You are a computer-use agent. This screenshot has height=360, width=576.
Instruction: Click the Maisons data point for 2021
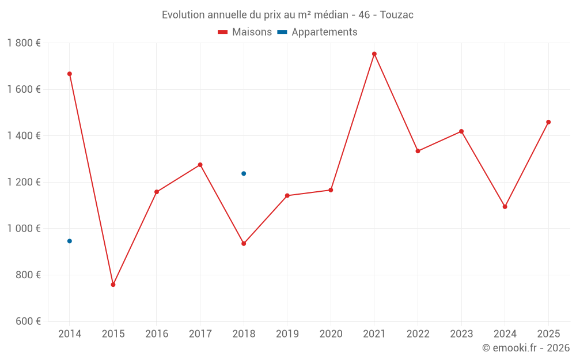[374, 54]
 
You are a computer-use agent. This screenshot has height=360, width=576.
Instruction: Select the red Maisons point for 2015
[113, 285]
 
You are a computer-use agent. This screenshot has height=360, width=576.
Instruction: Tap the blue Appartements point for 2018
[244, 173]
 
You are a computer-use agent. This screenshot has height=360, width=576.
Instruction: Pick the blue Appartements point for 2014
[70, 241]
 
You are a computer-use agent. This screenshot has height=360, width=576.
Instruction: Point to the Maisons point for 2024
[505, 207]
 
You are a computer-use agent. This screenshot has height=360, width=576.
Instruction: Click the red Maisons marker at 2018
[244, 244]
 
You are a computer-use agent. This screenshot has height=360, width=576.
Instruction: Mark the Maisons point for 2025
[548, 122]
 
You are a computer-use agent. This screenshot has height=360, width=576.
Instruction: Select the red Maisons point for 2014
[70, 74]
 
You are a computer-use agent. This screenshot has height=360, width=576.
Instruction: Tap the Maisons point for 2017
[200, 165]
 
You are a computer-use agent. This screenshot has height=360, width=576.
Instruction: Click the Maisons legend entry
[245, 32]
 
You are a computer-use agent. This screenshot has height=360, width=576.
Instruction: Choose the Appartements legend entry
[317, 32]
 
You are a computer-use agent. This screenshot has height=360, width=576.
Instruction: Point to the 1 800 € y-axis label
[24, 43]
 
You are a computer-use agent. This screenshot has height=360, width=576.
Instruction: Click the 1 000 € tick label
[24, 229]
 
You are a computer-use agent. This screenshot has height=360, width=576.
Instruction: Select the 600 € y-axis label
[27, 321]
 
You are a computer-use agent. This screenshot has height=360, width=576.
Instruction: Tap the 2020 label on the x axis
[331, 334]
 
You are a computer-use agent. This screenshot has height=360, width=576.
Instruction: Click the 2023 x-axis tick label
[461, 334]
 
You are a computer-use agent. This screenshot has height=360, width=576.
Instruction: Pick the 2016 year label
[157, 334]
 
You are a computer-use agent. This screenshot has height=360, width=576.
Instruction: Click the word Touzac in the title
[397, 15]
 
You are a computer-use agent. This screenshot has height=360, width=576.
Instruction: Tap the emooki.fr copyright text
[526, 348]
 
